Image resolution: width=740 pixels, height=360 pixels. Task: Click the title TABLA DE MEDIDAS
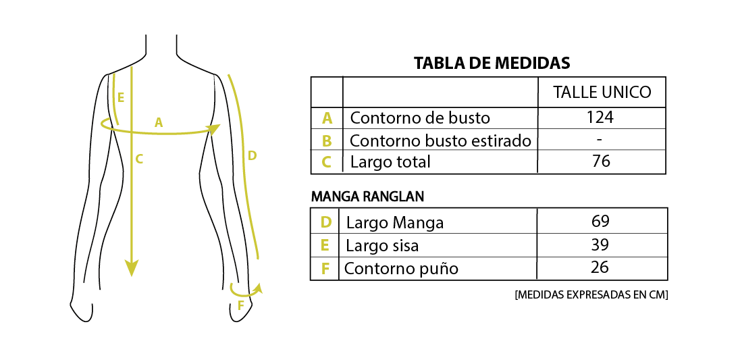(x=492, y=63)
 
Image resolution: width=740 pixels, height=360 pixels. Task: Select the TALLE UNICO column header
(x=602, y=93)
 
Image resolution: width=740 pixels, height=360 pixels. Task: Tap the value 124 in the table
(x=600, y=117)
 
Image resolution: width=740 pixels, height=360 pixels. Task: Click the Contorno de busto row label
(x=419, y=118)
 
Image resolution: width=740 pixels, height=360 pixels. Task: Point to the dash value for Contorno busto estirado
(x=600, y=139)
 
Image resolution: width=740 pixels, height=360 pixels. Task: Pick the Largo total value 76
(x=601, y=161)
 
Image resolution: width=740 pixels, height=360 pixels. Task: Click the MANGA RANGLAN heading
(x=367, y=197)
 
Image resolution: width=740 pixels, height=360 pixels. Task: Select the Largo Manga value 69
(x=600, y=222)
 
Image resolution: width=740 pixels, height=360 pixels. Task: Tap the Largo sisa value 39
(x=600, y=245)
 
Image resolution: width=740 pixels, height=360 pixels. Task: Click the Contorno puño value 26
(x=600, y=267)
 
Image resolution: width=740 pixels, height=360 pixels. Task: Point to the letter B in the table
(x=327, y=141)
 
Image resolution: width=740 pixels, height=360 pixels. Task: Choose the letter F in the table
(x=325, y=269)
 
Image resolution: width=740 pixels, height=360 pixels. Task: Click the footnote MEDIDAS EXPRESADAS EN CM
(x=591, y=295)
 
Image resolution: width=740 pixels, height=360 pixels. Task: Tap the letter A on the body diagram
(x=159, y=123)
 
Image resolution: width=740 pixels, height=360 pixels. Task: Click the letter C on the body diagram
(x=139, y=159)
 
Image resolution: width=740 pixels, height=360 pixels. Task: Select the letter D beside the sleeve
(x=252, y=155)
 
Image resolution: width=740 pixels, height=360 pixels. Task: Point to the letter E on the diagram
(x=121, y=98)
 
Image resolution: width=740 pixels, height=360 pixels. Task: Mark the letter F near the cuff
(x=240, y=306)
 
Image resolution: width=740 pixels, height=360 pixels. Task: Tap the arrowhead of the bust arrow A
(x=215, y=129)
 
